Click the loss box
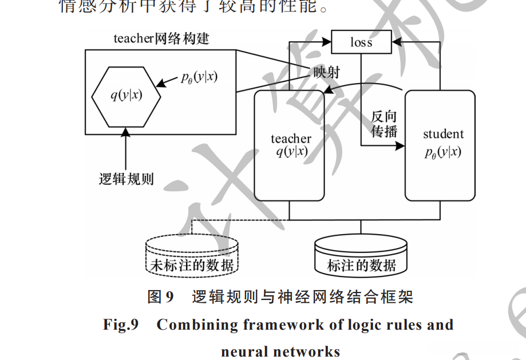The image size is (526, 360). click(361, 42)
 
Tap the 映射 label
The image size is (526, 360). click(327, 72)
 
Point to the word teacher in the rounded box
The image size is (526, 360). click(291, 139)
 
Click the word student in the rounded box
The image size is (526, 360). click(443, 134)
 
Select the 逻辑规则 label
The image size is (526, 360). click(126, 178)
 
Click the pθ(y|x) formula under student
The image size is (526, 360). click(443, 152)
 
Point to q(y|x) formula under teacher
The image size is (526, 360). click(291, 152)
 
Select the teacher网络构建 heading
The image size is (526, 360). click(161, 38)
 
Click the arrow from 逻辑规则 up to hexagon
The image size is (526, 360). click(126, 149)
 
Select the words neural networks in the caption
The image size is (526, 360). click(280, 351)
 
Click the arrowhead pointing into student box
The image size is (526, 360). click(400, 146)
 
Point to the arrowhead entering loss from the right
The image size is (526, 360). click(396, 42)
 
